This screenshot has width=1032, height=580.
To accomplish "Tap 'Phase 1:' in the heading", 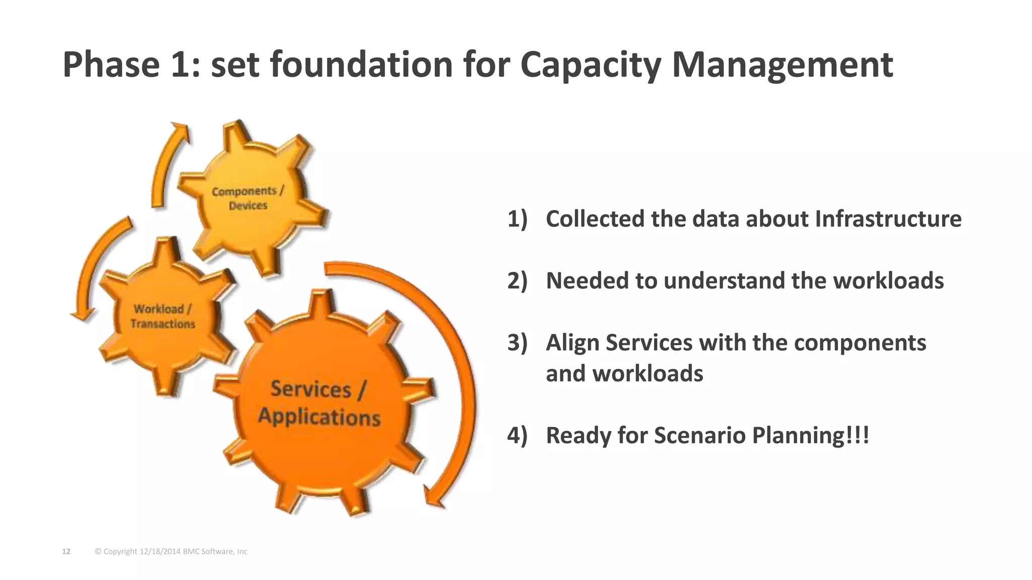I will [x=131, y=65].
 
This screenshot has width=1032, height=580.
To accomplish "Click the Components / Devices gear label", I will [x=247, y=198].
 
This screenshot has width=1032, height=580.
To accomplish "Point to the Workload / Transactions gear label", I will [x=162, y=317].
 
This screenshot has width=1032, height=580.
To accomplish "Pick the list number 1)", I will [x=517, y=219].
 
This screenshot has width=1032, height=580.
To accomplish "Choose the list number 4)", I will [x=517, y=436].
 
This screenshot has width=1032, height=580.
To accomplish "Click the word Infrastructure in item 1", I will [x=888, y=219].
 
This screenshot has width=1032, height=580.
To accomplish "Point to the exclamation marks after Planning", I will [x=858, y=436].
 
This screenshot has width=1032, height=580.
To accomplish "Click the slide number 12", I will [x=66, y=552].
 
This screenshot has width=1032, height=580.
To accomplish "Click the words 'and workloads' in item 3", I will [x=624, y=374].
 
